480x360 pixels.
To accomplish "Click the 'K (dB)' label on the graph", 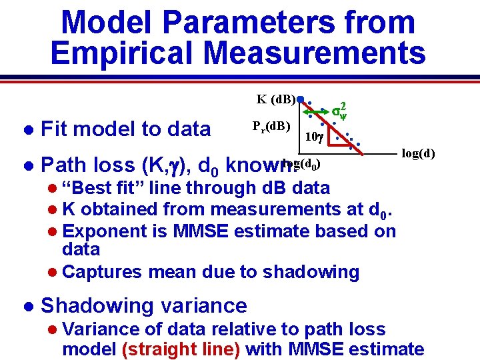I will (276, 100).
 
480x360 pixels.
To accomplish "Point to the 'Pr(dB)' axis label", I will (271, 126).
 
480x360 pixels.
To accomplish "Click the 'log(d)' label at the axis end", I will (418, 155).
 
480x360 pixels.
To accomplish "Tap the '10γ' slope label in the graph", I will (313, 137).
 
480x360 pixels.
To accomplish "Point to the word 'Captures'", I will (99, 272).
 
